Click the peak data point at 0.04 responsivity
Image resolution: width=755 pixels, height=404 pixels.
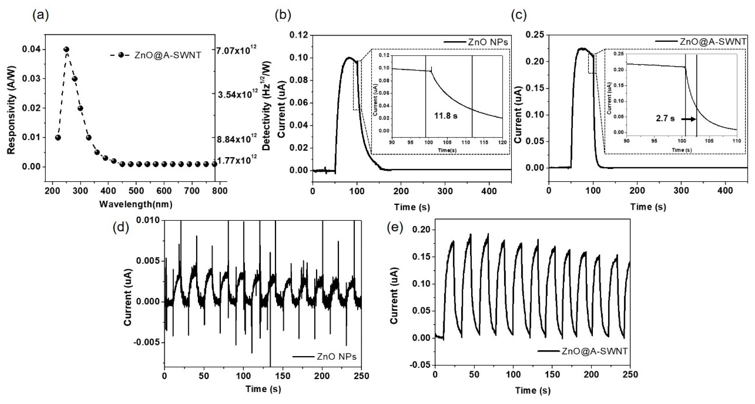point(66,49)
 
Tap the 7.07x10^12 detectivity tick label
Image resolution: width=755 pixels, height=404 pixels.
point(237,51)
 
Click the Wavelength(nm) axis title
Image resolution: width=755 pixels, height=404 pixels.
point(136,205)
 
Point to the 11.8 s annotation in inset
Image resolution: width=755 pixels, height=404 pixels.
point(445,116)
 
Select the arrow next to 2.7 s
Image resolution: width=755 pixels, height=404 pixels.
point(688,119)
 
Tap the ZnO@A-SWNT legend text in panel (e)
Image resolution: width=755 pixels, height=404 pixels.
point(594,351)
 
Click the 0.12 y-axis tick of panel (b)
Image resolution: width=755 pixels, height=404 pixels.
point(299,35)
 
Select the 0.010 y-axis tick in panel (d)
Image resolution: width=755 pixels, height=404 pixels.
point(149,220)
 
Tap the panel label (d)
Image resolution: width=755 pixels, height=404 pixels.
point(121,227)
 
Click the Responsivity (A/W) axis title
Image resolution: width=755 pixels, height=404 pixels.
point(11,109)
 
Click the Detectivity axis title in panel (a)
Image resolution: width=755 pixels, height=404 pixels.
point(267,106)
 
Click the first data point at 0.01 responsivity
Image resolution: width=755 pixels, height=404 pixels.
point(58,137)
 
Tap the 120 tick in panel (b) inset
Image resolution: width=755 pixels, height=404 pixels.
point(502,143)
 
